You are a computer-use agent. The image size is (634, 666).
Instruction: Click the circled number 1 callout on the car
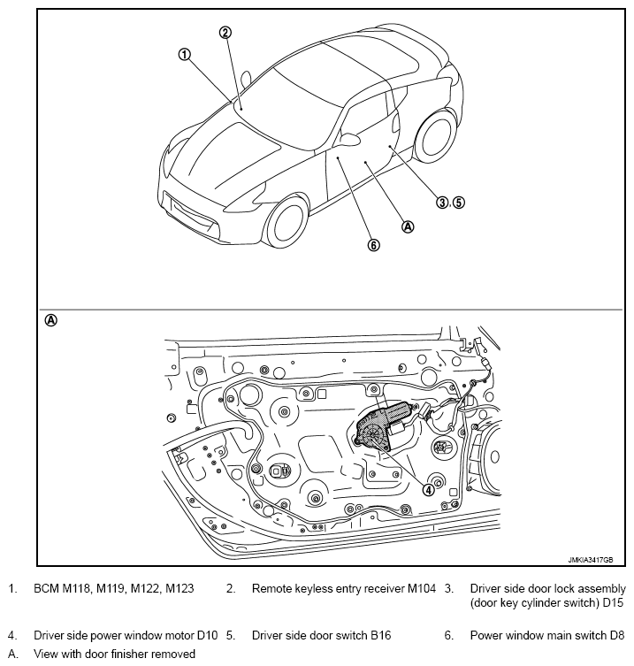(x=184, y=55)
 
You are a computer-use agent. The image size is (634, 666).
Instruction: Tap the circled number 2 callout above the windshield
(x=225, y=32)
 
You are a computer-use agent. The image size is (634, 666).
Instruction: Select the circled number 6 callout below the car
(x=373, y=245)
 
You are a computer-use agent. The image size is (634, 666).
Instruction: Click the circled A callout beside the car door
(x=408, y=226)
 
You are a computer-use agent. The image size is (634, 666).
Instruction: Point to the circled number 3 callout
(x=442, y=203)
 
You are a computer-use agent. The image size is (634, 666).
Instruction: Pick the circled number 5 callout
(x=459, y=203)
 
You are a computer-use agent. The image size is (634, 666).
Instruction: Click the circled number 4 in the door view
(x=429, y=490)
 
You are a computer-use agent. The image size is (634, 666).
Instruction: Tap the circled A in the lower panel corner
(x=50, y=320)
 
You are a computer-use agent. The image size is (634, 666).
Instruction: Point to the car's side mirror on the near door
(x=349, y=139)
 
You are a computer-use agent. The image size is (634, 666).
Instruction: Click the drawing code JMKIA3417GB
(x=591, y=560)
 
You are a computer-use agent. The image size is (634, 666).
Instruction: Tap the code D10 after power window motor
(x=207, y=635)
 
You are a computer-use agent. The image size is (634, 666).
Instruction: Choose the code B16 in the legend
(x=380, y=635)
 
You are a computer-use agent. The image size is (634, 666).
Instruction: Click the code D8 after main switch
(x=617, y=635)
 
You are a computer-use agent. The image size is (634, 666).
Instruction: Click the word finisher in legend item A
(x=130, y=654)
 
